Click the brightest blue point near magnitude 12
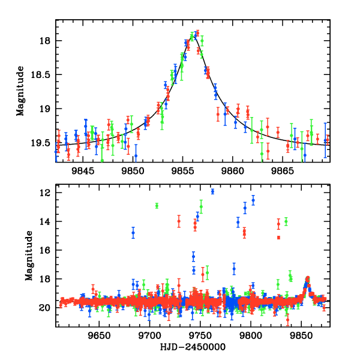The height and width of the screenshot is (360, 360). tap(212, 191)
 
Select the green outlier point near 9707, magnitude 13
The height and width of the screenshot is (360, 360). tap(157, 206)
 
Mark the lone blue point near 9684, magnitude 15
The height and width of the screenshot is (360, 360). tap(133, 232)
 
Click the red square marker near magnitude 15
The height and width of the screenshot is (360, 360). tap(279, 238)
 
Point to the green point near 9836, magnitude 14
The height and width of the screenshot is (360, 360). tap(286, 221)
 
